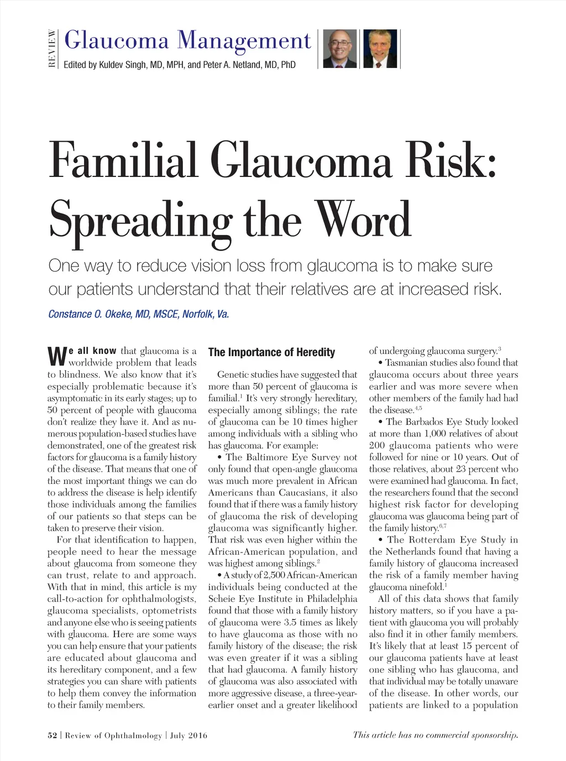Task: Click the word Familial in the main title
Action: pos(123,160)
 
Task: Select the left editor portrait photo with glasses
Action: pos(339,49)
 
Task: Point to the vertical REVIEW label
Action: pos(52,49)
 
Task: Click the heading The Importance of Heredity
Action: pos(271,352)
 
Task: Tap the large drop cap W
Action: pos(57,356)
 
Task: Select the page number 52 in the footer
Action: pos(53,735)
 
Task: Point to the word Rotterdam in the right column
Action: pos(431,540)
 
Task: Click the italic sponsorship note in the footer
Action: pos(436,735)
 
